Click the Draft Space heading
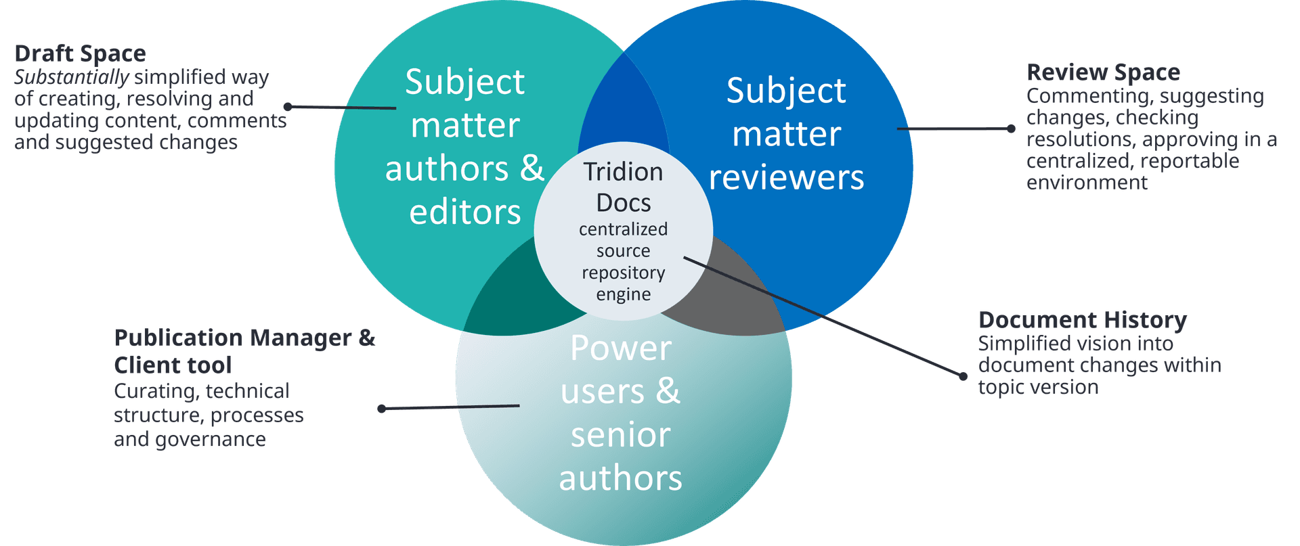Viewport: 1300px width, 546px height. tap(80, 53)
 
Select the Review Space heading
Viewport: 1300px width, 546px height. tap(1103, 72)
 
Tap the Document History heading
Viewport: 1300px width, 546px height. tap(1082, 320)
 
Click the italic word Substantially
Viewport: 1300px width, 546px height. tap(71, 77)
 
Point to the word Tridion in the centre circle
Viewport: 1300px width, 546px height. tap(623, 172)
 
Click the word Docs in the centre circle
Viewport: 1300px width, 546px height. tap(623, 203)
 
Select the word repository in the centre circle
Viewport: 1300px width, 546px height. tap(623, 273)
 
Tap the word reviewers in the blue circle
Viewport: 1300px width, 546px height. tap(786, 177)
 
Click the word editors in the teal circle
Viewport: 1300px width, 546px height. tap(465, 212)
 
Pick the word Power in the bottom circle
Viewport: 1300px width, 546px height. tap(620, 348)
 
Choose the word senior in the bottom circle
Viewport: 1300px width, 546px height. tap(620, 434)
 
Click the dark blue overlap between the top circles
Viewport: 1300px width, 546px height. tap(623, 108)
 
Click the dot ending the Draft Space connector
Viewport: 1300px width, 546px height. tap(288, 106)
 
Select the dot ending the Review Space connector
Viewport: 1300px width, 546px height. tap(1011, 129)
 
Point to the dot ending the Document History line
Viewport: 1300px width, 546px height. tap(963, 376)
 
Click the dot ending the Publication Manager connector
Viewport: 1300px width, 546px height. tap(382, 409)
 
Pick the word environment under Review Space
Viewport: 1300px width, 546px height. tap(1087, 183)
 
